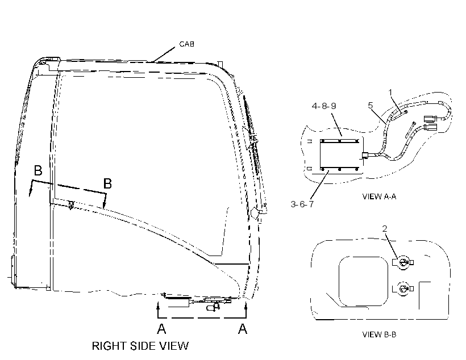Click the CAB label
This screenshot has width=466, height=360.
[x=186, y=44]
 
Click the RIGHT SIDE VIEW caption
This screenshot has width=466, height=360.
[x=140, y=346]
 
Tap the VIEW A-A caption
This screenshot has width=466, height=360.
[x=379, y=196]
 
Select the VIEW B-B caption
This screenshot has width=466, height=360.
[x=379, y=334]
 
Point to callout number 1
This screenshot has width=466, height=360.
[x=391, y=93]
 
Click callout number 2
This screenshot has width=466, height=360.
[x=385, y=228]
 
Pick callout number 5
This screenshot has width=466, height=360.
[x=371, y=105]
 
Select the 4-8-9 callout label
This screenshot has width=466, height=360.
[x=324, y=106]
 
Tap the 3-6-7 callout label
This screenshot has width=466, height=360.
[x=302, y=204]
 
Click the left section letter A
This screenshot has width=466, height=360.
[x=161, y=329]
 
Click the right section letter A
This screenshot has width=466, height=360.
[x=243, y=329]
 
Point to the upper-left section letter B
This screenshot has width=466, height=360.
[x=38, y=170]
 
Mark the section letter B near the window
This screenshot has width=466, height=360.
[x=107, y=183]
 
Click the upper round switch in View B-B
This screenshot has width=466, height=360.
[x=403, y=262]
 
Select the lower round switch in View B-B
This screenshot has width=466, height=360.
[x=403, y=288]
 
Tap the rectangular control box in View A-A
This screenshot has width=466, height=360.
[x=341, y=155]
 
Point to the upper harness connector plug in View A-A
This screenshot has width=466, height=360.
[x=430, y=119]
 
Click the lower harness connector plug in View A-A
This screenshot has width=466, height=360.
[x=430, y=127]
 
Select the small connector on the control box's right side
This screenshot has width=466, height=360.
[x=365, y=155]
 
